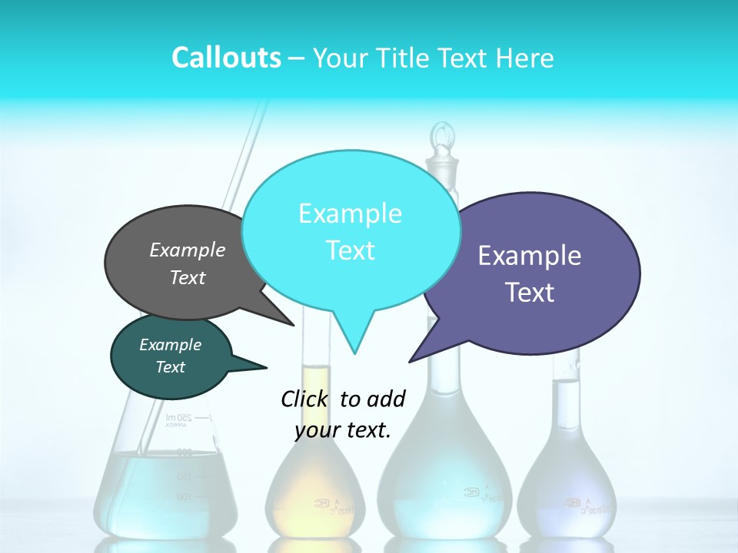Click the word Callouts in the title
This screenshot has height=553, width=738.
[x=226, y=58]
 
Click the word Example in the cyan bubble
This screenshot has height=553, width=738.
[x=350, y=214]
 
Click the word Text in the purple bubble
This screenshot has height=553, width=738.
[x=530, y=293]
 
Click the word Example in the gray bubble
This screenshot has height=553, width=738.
[x=188, y=250]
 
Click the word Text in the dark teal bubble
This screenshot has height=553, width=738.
[x=170, y=367]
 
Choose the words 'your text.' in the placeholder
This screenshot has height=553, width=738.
[x=343, y=430]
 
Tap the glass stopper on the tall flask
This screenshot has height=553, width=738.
[x=440, y=142]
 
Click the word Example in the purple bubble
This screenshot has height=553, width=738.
[x=530, y=256]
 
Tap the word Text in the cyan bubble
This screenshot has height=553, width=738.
[x=350, y=250]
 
